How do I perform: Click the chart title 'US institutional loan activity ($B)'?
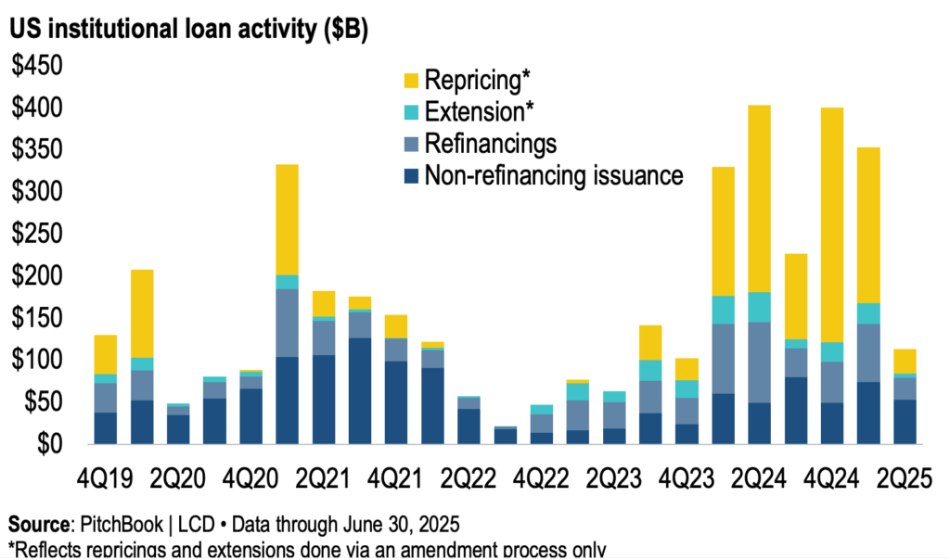190,30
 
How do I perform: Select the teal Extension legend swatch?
409,113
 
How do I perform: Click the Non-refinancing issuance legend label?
554,175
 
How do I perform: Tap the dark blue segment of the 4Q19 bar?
105,427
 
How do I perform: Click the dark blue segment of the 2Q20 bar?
178,429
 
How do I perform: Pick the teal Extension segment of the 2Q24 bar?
760,307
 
